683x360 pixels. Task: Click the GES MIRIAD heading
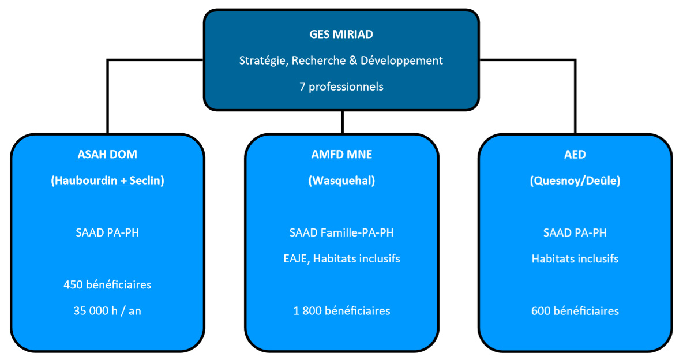341,35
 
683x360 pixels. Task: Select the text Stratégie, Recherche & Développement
341,61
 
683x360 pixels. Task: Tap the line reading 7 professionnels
341,87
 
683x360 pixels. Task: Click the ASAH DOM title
107,155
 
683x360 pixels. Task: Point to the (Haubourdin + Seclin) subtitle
108,181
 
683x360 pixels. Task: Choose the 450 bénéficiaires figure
108,284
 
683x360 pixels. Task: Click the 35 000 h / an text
107,311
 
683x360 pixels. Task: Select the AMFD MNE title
341,155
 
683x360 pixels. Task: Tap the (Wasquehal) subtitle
341,181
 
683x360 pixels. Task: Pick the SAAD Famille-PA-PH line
341,232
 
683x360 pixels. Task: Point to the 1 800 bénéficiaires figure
342,311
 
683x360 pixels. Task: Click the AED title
575,155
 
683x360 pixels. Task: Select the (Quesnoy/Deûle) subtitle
575,181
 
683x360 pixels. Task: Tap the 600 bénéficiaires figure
575,311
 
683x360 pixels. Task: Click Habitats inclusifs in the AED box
575,259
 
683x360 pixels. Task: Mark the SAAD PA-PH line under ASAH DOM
108,232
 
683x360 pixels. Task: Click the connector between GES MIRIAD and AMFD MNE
343,122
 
